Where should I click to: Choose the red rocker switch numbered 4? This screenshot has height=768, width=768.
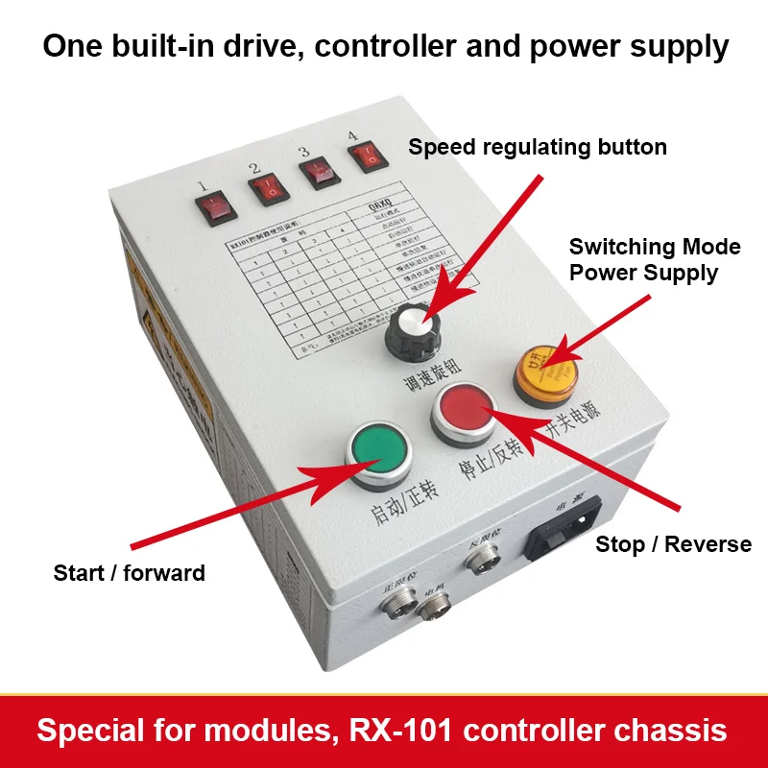pos(364,159)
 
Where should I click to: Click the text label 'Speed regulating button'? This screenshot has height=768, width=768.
pos(537,147)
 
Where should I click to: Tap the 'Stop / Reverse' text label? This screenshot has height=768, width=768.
pos(673,544)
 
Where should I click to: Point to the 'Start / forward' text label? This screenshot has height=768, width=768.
pos(129,573)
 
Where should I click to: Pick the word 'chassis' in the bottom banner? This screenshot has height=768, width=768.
pos(671,731)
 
